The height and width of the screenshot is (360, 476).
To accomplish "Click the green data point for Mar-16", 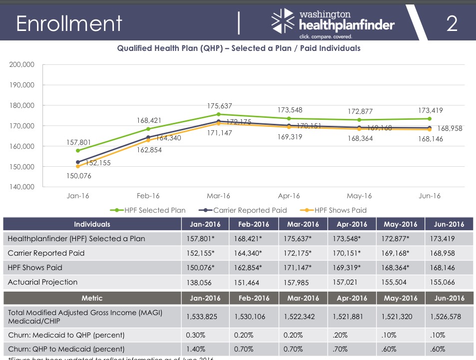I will (x=218, y=114).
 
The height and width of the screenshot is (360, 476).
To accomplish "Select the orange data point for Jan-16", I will (x=77, y=166).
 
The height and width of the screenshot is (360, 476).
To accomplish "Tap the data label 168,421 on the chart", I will (x=148, y=120).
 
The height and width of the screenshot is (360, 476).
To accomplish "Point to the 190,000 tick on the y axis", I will (x=21, y=85).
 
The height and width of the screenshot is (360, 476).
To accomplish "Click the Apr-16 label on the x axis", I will (x=289, y=196).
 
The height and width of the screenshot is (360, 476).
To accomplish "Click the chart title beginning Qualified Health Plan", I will (x=238, y=48).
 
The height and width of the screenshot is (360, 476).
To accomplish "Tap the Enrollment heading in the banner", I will (x=69, y=23).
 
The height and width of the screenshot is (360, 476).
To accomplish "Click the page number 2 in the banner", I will (x=452, y=23).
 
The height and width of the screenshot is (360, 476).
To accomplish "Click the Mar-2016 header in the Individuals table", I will (x=303, y=224).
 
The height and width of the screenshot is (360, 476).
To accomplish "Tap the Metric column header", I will (x=92, y=298).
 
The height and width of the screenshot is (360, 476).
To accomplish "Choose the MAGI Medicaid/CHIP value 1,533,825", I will (x=202, y=316).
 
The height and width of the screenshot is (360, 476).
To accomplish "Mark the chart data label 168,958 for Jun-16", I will (x=450, y=128).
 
